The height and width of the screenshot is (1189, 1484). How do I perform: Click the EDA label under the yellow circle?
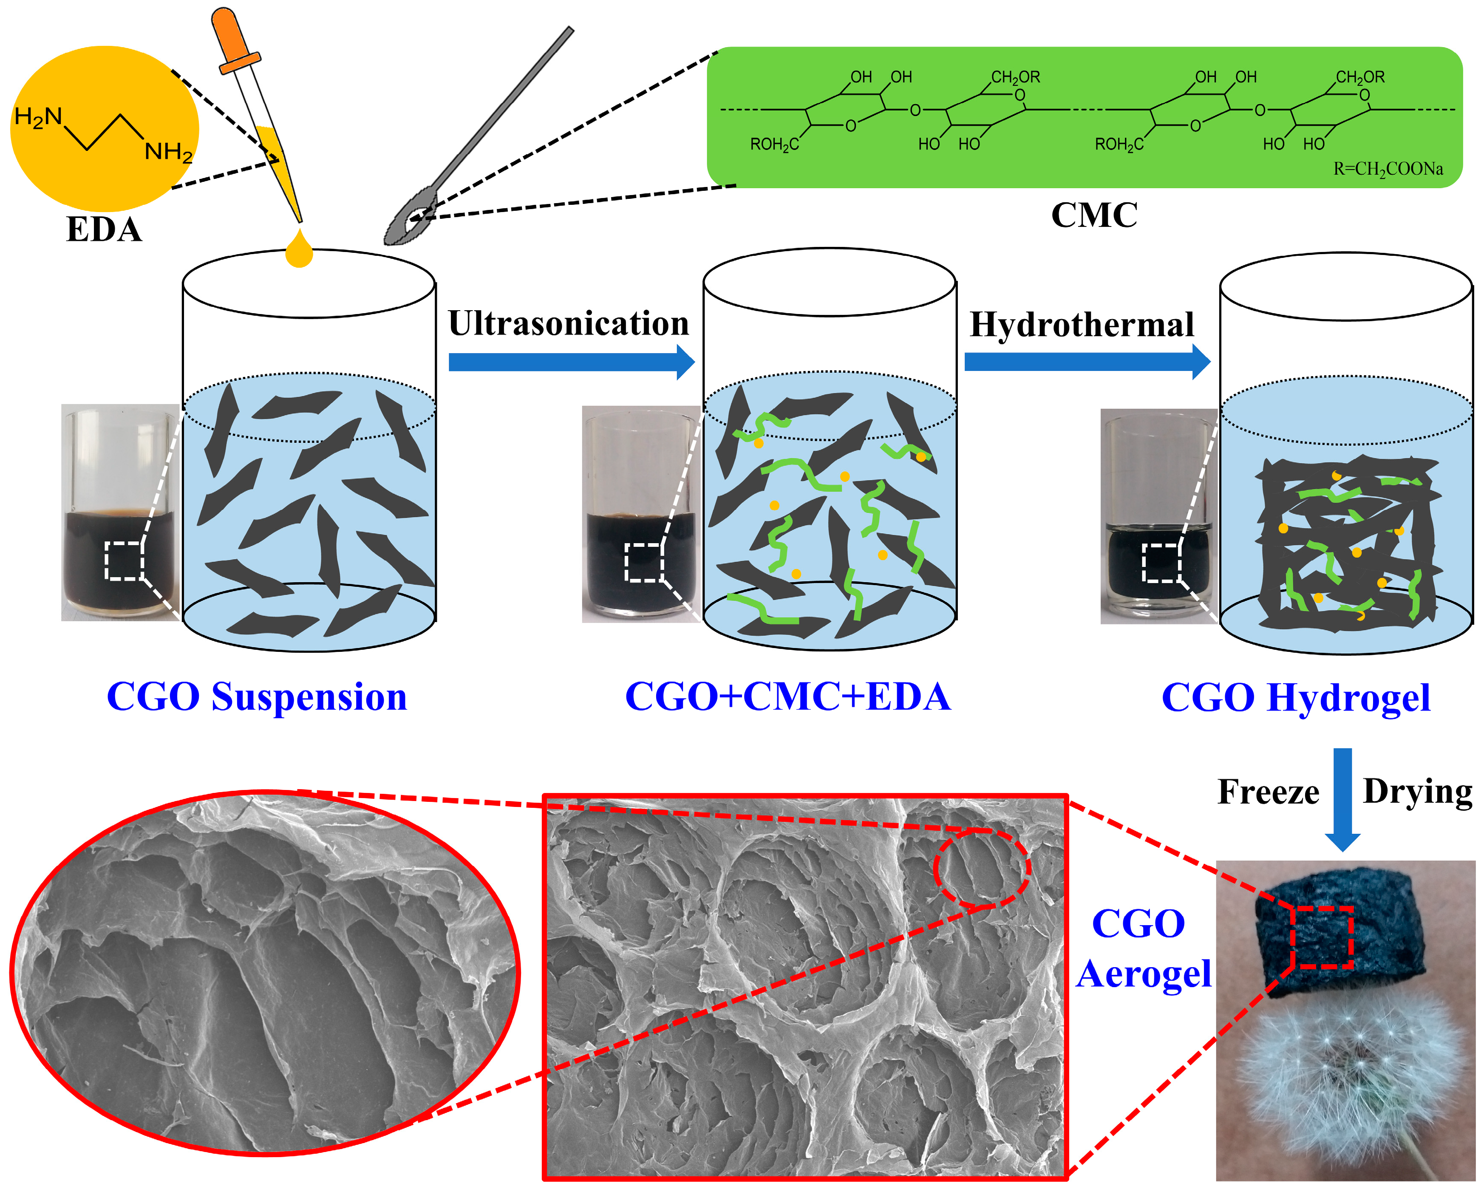[x=104, y=230]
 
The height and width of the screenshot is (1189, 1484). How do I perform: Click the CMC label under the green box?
[x=1094, y=215]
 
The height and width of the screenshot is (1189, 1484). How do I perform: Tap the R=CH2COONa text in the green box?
[x=1388, y=169]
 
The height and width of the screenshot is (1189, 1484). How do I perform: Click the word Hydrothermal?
[x=1081, y=325]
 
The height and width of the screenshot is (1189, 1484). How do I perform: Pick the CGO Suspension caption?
[x=257, y=697]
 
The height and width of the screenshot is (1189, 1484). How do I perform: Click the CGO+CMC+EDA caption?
[x=787, y=697]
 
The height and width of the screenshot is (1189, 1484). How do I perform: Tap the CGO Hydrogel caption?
[x=1295, y=698]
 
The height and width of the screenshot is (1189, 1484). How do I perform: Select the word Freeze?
[x=1268, y=792]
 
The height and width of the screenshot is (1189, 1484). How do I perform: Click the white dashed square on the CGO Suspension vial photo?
[x=124, y=561]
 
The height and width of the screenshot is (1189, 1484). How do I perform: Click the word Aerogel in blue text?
[x=1143, y=974]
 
